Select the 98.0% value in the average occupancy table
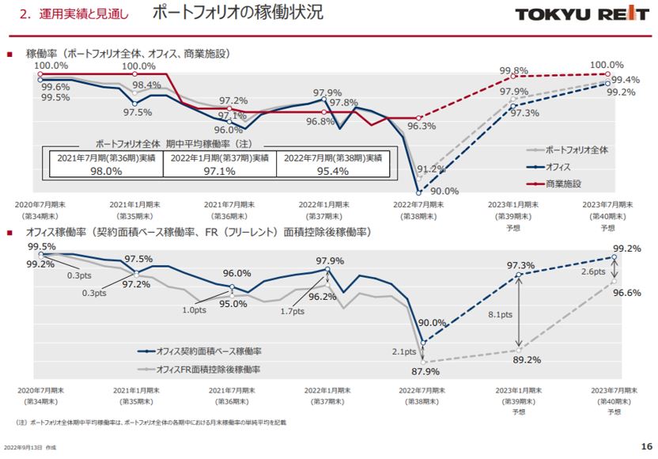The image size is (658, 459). pos(105,171)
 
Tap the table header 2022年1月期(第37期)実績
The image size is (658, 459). pos(219,158)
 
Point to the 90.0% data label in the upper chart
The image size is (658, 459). pos(444,191)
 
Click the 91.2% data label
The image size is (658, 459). pos(431,169)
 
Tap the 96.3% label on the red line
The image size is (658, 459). pos(422,126)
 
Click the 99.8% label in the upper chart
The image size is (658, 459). pos(514,70)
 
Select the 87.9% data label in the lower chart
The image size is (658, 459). pos(425,373)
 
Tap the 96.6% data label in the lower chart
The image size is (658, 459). pos(626,293)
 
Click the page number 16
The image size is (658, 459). pos(644,446)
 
